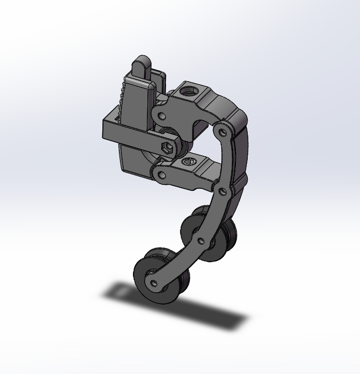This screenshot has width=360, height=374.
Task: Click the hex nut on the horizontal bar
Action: coord(167,147)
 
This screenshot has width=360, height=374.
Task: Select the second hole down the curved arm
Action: coord(222,191)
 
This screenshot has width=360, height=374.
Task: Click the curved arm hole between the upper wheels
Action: coord(201,240)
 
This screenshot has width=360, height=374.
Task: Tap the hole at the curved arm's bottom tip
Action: coord(154,282)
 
